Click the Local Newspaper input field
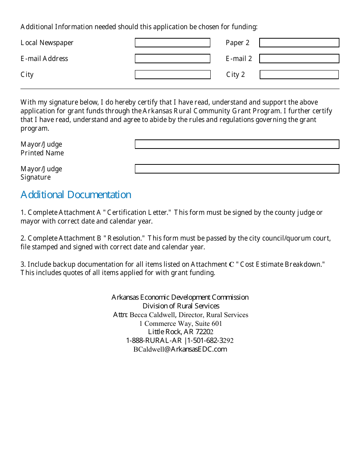click(172, 43)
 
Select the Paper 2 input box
click(299, 43)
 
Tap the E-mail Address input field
click(172, 59)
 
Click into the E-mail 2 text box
click(299, 59)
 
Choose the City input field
click(172, 75)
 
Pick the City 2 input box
click(299, 75)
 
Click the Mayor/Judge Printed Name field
click(237, 144)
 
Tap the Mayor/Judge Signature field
click(237, 169)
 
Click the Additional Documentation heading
click(76, 195)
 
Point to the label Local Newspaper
click(47, 43)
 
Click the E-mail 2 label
click(239, 59)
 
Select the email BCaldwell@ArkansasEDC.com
click(180, 349)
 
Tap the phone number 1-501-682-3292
click(210, 341)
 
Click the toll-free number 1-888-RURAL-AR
click(154, 341)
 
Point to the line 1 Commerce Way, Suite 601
click(180, 324)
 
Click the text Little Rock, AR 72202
click(180, 332)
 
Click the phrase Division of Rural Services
click(181, 306)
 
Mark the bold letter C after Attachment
click(232, 265)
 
